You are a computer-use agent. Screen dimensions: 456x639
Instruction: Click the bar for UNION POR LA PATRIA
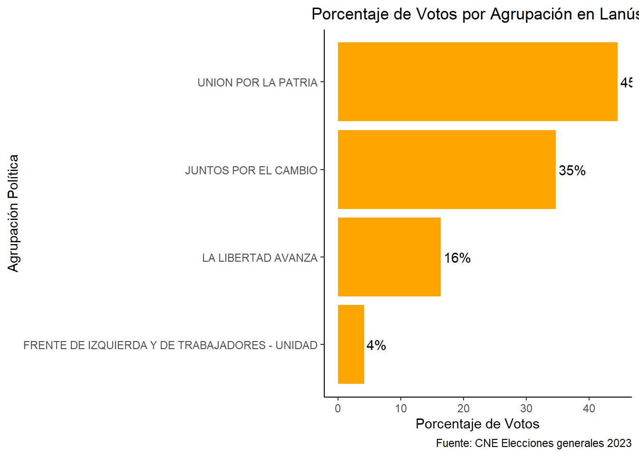(x=477, y=82)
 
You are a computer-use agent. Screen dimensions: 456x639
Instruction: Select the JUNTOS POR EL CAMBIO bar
(x=446, y=170)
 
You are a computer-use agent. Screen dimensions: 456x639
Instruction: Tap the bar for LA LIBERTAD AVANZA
(x=389, y=257)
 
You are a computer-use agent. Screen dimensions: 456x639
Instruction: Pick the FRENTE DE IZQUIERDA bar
(x=351, y=344)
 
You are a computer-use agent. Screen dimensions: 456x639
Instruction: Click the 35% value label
(x=572, y=171)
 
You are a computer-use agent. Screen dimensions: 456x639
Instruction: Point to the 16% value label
(x=457, y=258)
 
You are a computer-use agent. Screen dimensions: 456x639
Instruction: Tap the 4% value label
(x=376, y=345)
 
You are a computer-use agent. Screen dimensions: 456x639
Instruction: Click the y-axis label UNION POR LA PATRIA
(x=257, y=83)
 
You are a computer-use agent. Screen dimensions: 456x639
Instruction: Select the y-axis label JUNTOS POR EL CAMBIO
(x=251, y=171)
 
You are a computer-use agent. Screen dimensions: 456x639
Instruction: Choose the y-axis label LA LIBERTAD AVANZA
(x=260, y=258)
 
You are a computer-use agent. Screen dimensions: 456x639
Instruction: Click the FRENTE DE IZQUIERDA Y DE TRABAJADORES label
(x=170, y=345)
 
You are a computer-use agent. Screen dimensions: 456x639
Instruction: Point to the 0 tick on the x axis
(x=338, y=408)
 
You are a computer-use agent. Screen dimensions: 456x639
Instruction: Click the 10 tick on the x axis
(x=401, y=408)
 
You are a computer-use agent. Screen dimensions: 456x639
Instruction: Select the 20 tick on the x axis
(x=464, y=408)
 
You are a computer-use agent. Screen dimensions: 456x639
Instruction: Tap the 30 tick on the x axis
(x=526, y=408)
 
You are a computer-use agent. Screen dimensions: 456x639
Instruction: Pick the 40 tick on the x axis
(x=589, y=408)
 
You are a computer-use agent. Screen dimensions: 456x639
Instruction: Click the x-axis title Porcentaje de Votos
(x=477, y=424)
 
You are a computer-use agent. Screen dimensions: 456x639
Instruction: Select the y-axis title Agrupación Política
(x=13, y=213)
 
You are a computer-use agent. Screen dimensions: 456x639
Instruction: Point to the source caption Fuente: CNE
(x=533, y=443)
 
